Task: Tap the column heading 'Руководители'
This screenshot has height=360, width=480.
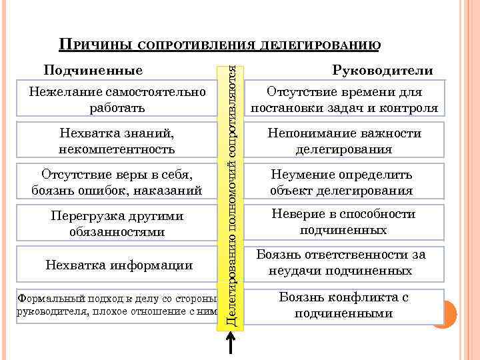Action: (383, 71)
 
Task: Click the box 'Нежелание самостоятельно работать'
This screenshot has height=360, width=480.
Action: (117, 99)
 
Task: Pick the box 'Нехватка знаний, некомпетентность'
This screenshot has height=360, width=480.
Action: (117, 141)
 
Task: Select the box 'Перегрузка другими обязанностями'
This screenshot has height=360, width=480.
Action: (117, 224)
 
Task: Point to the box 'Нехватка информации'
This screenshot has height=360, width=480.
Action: (117, 265)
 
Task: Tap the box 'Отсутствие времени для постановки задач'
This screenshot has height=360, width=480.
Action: (344, 99)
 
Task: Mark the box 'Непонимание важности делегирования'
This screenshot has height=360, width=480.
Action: (344, 141)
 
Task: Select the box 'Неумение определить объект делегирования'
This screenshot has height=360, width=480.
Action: (344, 183)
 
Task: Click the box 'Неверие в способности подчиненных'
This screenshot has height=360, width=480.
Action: (344, 222)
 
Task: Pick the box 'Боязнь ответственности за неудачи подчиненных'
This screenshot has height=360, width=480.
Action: (344, 263)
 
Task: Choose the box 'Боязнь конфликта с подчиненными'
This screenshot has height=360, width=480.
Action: (344, 305)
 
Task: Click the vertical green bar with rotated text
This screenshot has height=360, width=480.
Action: (230, 193)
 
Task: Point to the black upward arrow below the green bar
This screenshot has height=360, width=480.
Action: (230, 345)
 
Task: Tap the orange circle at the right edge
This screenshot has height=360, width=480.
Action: (443, 313)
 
